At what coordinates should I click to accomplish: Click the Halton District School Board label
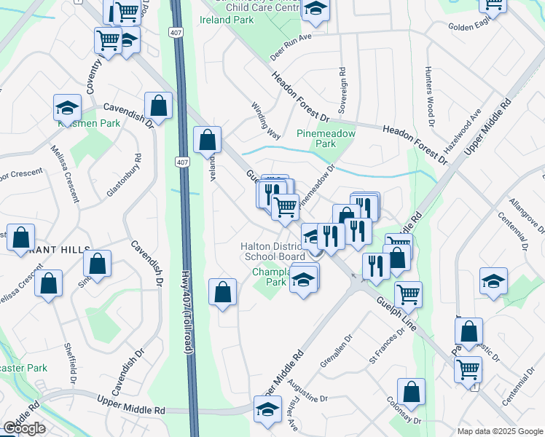coord(273,251)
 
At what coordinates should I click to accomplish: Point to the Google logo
coord(24,428)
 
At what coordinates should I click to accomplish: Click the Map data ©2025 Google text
coord(500,431)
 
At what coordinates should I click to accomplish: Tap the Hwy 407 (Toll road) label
coord(188,313)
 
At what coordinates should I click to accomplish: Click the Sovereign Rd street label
coord(342,86)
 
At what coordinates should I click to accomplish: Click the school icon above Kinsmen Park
coord(67,108)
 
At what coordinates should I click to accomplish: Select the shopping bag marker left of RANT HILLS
coord(21,237)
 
